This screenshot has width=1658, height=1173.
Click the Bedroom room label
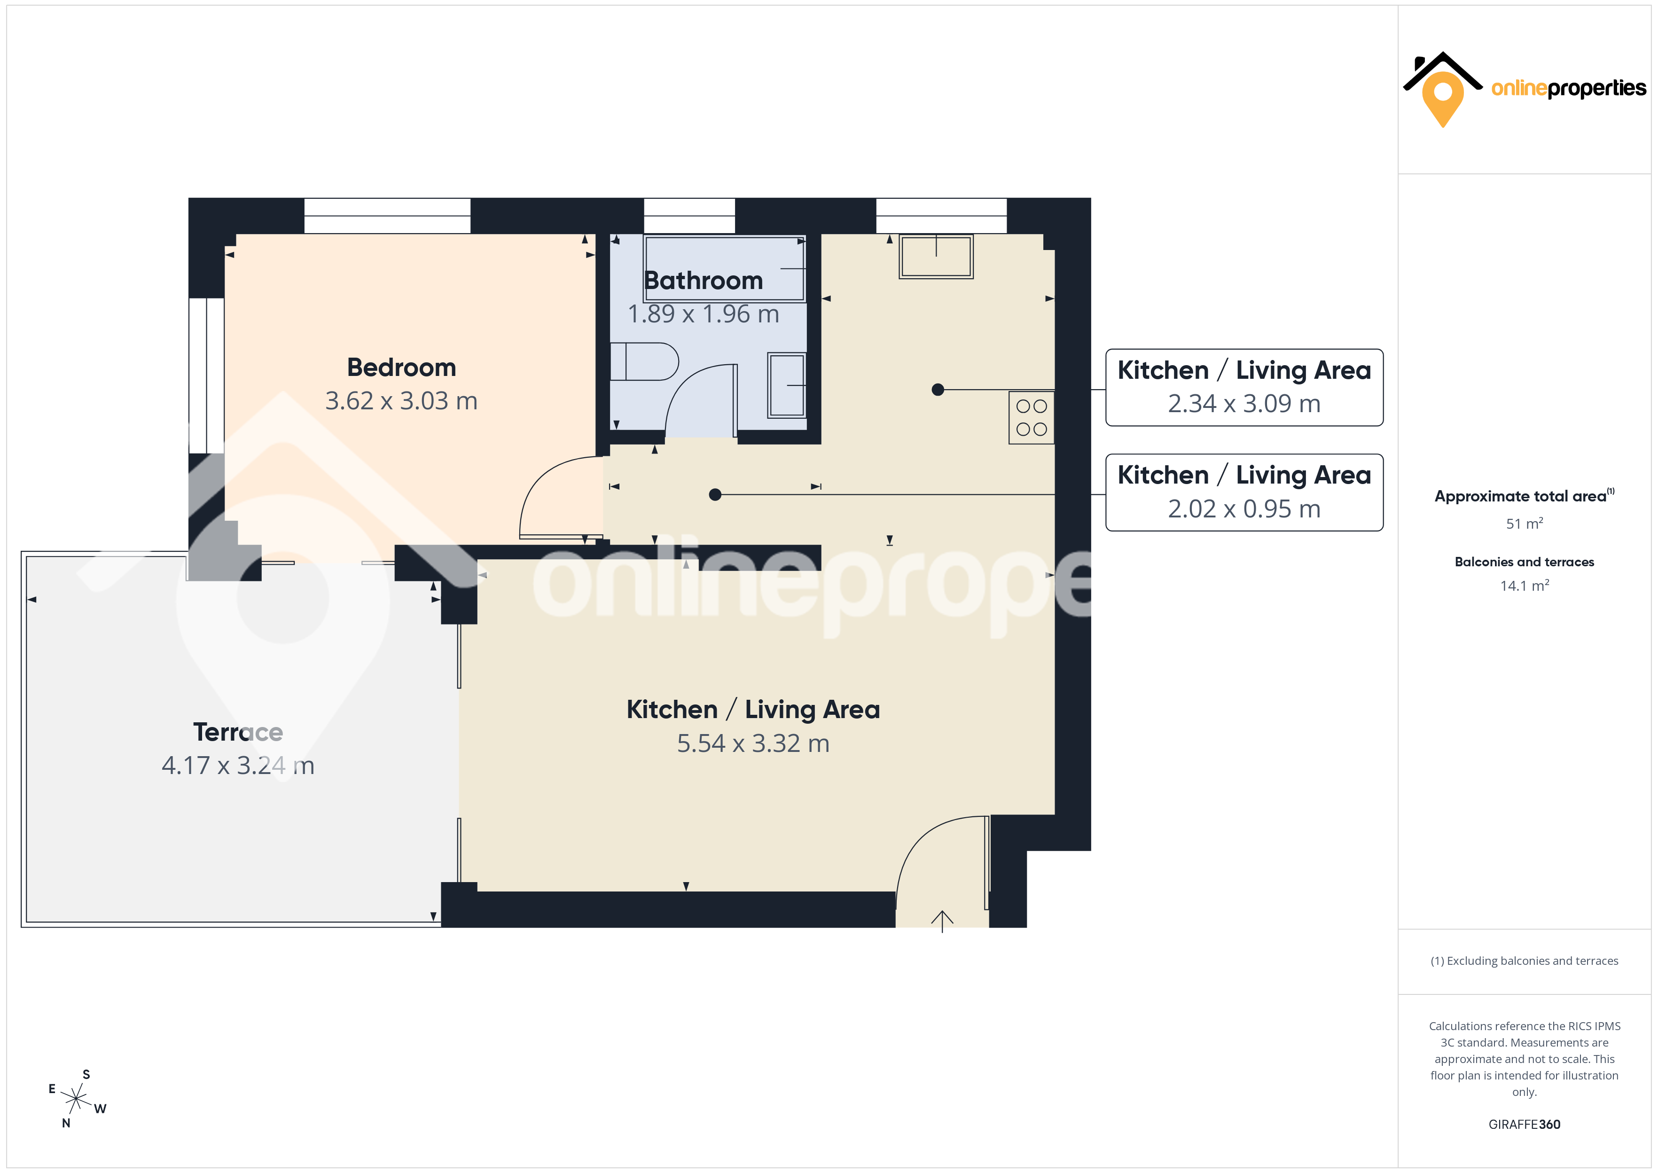pyautogui.click(x=401, y=368)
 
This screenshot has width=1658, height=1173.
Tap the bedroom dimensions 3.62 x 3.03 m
pyautogui.click(x=401, y=401)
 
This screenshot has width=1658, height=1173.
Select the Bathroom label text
pyautogui.click(x=704, y=280)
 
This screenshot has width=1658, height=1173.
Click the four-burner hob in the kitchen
pyautogui.click(x=1031, y=417)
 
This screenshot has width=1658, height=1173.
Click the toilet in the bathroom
pyautogui.click(x=644, y=361)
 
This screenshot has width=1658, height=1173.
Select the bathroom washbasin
pyautogui.click(x=786, y=385)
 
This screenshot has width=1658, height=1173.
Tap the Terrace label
pyautogui.click(x=238, y=732)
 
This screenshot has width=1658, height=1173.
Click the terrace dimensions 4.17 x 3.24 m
pyautogui.click(x=238, y=766)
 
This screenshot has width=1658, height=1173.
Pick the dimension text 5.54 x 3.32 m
pyautogui.click(x=753, y=743)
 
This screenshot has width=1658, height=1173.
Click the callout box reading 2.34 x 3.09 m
pyautogui.click(x=1244, y=388)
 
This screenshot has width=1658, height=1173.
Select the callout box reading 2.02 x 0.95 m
pyautogui.click(x=1244, y=493)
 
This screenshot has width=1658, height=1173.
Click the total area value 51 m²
pyautogui.click(x=1525, y=523)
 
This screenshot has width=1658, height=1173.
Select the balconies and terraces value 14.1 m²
pyautogui.click(x=1525, y=585)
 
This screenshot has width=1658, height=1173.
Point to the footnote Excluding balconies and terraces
pyautogui.click(x=1525, y=961)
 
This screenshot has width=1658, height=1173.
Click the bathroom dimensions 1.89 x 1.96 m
pyautogui.click(x=704, y=314)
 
